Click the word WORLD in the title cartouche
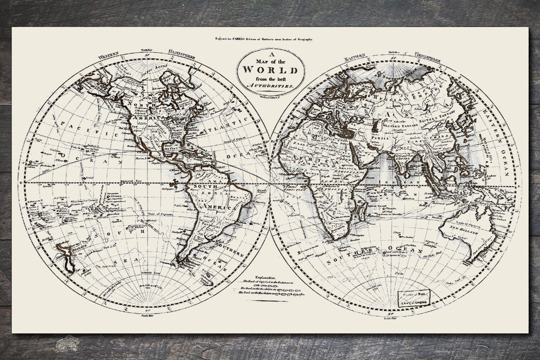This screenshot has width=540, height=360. click(270, 70)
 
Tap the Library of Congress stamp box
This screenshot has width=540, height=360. click(414, 298)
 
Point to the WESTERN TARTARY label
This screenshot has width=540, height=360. click(401, 126)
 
